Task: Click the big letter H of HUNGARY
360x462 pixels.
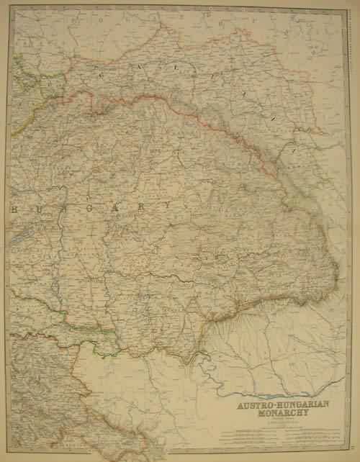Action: (x=15, y=207)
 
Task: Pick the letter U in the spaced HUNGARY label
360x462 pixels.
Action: (x=40, y=207)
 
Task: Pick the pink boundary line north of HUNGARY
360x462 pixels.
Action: (x=144, y=101)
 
